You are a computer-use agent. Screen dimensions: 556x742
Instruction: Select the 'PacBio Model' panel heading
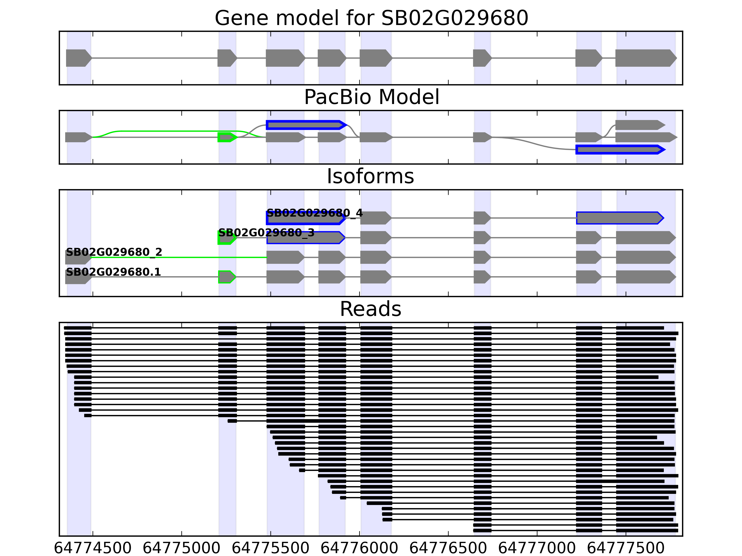[371, 97]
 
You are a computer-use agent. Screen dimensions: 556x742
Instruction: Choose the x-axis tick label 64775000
[182, 548]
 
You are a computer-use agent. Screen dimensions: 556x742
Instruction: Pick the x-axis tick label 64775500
[270, 548]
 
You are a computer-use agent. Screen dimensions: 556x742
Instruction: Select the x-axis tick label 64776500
[448, 548]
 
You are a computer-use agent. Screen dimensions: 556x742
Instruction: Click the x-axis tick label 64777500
[626, 548]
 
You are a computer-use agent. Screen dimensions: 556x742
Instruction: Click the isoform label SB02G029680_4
[314, 213]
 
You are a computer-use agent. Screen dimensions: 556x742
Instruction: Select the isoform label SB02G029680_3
[266, 233]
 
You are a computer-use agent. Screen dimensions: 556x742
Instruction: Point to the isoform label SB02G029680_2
[114, 252]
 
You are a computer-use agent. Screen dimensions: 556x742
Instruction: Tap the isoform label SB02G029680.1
[113, 272]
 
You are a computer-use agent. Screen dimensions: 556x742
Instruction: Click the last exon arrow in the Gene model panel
[645, 58]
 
